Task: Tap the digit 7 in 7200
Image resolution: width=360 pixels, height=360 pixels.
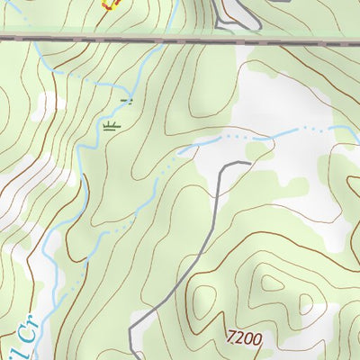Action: click(x=232, y=339)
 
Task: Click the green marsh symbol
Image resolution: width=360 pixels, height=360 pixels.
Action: click(x=112, y=126)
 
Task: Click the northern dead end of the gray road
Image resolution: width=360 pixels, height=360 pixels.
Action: click(x=247, y=163)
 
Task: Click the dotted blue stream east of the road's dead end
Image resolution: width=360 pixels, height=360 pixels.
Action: click(x=288, y=134)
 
